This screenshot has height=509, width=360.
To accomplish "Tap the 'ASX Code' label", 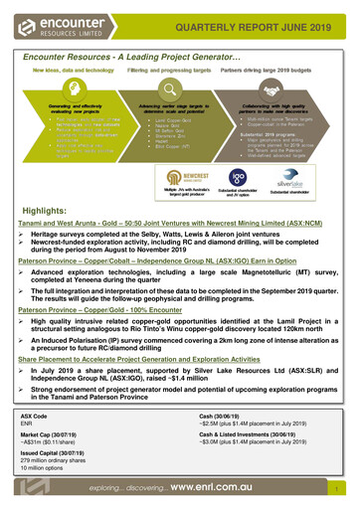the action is click(x=34, y=415).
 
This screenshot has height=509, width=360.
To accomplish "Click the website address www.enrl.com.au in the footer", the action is click(x=240, y=489).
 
